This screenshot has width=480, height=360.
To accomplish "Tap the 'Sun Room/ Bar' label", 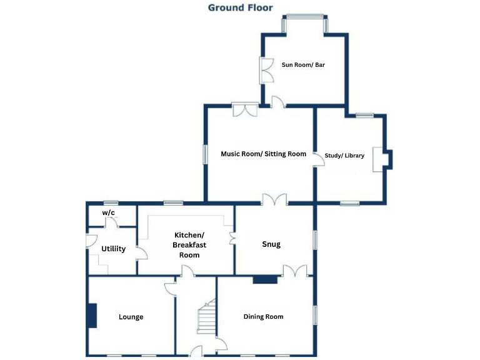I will pyautogui.click(x=304, y=64).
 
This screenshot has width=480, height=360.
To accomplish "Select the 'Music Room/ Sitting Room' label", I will pyautogui.click(x=263, y=154).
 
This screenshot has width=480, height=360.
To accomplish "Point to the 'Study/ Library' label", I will pyautogui.click(x=344, y=156).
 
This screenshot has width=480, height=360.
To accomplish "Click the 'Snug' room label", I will pyautogui.click(x=271, y=244).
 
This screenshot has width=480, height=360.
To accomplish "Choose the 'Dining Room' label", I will pyautogui.click(x=263, y=317).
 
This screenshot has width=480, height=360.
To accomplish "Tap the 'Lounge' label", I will pyautogui.click(x=131, y=317).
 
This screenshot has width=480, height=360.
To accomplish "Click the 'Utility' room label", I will pyautogui.click(x=113, y=249).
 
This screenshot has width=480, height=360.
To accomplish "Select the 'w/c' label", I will pyautogui.click(x=108, y=213).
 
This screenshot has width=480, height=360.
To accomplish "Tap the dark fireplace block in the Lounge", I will pyautogui.click(x=92, y=316).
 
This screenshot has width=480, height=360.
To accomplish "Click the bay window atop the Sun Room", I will pyautogui.click(x=304, y=24).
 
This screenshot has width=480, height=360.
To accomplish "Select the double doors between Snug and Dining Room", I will pyautogui.click(x=295, y=271).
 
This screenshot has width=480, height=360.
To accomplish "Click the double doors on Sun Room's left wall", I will pyautogui.click(x=266, y=71).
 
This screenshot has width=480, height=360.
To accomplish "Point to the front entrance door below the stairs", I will pyautogui.click(x=196, y=352).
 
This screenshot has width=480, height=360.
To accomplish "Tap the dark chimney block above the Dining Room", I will pyautogui.click(x=264, y=279).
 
